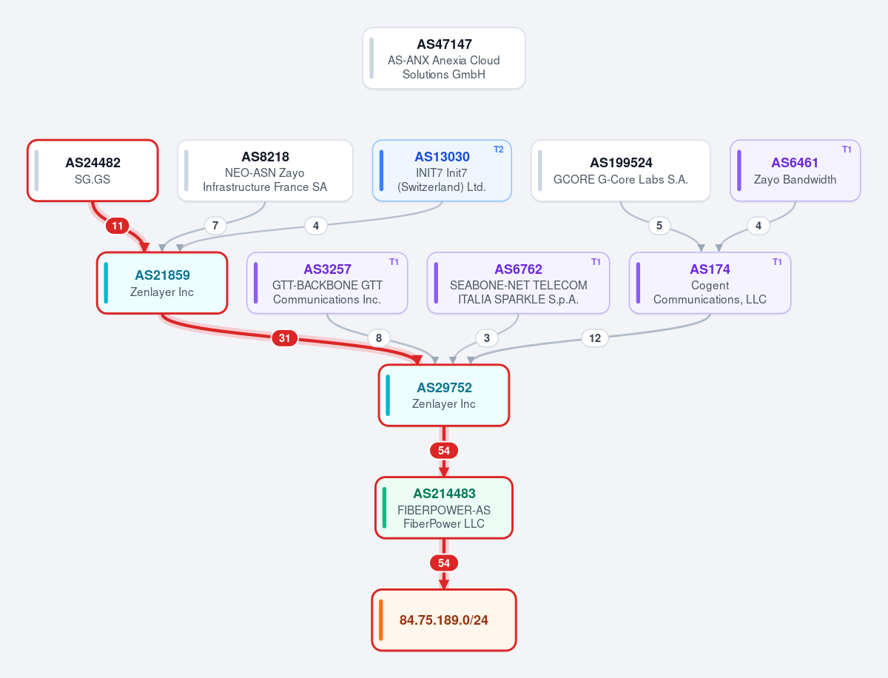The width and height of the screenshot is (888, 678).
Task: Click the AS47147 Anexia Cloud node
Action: coord(444,58)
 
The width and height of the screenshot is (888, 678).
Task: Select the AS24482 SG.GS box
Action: coord(92,170)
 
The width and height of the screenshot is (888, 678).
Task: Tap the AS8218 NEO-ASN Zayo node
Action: coord(265,170)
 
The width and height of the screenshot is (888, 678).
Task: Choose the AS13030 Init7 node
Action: coord(442,170)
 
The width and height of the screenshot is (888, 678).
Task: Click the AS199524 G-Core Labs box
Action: coord(621,170)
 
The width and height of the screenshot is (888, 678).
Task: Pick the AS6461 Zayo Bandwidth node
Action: coord(795,170)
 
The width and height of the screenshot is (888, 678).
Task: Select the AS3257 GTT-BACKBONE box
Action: coord(327,283)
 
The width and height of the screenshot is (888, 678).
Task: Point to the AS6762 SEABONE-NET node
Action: coord(518,283)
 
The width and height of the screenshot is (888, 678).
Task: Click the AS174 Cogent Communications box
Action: coord(710,283)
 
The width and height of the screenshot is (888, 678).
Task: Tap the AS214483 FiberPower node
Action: coord(444,508)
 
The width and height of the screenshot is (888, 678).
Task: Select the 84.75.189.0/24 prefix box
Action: coord(444,620)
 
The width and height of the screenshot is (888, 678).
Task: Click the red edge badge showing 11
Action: coord(118,226)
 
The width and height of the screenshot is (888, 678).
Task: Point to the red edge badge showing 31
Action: coord(284,338)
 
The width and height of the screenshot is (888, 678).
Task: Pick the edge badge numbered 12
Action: coord(595,338)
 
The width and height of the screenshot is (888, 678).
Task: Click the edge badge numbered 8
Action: coord(379,338)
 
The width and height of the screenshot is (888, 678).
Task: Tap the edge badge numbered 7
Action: coord(215,226)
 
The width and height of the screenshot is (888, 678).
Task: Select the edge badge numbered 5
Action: coord(659,226)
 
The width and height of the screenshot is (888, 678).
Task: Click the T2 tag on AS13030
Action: coord(499,150)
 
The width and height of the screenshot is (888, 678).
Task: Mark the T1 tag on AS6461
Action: coord(847,150)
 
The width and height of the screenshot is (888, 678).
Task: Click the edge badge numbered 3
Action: coord(487,338)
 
